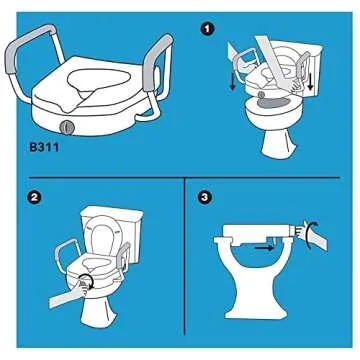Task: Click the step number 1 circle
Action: pyautogui.click(x=207, y=29)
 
